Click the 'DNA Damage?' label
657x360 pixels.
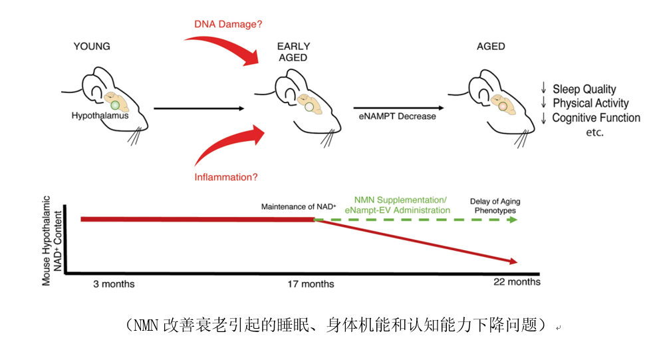[228, 25]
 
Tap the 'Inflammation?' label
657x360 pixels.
[226, 177]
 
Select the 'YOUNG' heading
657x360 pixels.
[92, 46]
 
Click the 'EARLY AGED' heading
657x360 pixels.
[293, 52]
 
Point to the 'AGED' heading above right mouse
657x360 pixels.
[491, 47]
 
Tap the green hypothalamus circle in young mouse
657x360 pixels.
[114, 105]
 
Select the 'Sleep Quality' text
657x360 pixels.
[583, 89]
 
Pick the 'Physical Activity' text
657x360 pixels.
[590, 104]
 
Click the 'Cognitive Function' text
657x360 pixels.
[595, 118]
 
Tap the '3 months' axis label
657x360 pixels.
[114, 284]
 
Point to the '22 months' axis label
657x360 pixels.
[515, 282]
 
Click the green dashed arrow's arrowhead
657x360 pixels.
[512, 219]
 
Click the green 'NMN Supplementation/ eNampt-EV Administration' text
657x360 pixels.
[400, 205]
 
